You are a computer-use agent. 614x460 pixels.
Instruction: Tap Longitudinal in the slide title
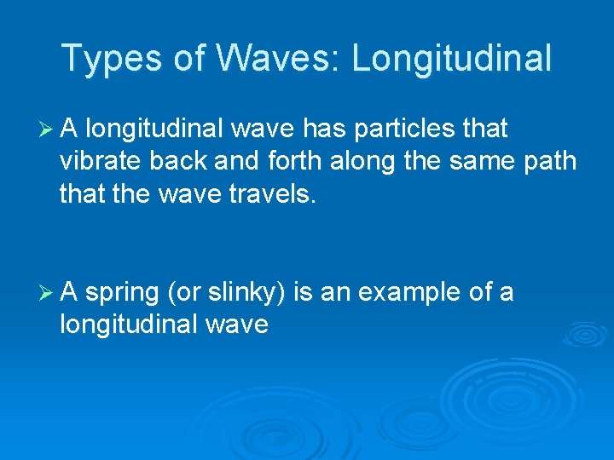(x=451, y=59)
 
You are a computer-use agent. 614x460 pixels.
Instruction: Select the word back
(x=186, y=162)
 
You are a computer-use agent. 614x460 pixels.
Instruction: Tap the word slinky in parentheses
(x=243, y=293)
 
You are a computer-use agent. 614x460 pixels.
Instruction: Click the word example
(x=411, y=293)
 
